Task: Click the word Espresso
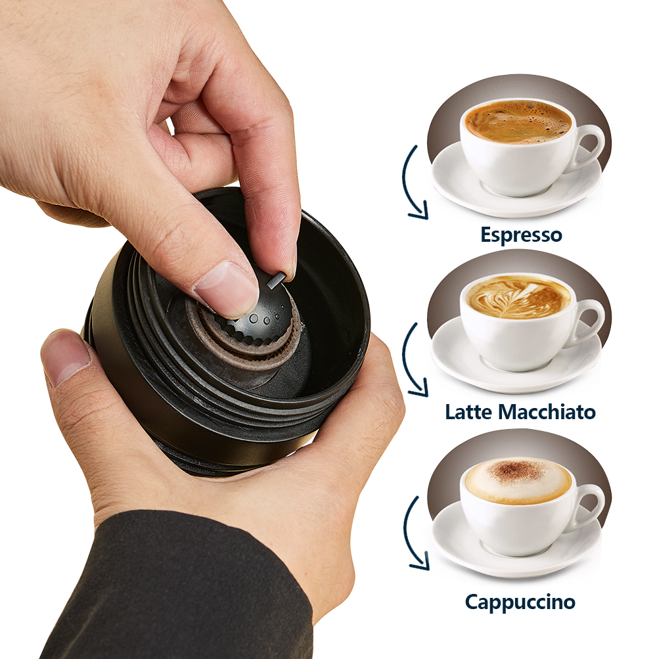pos(521,235)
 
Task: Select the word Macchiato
pos(547,411)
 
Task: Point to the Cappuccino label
pos(520,602)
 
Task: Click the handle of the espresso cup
pos(589,148)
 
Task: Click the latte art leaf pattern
pos(515,298)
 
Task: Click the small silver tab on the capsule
pos(277,280)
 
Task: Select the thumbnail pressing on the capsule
pos(227,286)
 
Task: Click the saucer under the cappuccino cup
pos(516,542)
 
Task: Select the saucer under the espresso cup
pos(516,185)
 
